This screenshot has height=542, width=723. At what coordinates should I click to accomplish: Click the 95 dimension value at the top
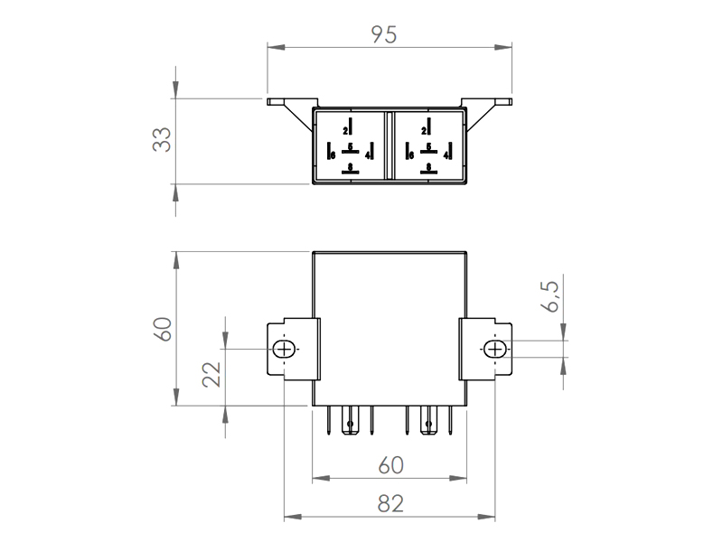click(x=384, y=33)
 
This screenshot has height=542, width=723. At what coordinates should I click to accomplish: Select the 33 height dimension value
click(x=161, y=140)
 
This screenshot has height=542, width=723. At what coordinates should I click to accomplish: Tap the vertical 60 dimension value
click(x=161, y=329)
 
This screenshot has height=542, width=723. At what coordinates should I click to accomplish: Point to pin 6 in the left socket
click(x=333, y=154)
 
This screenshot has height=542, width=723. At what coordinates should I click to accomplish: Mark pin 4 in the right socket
click(x=447, y=154)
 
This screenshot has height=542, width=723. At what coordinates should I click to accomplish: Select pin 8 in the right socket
click(x=427, y=167)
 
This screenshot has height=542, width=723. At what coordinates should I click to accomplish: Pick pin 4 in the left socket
click(x=369, y=154)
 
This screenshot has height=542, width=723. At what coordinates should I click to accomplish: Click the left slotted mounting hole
click(x=285, y=350)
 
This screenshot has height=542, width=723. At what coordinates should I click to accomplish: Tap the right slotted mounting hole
click(x=494, y=350)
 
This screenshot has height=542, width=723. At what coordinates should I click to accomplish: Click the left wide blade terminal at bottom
click(x=349, y=420)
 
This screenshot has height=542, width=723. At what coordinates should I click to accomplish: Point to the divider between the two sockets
click(x=388, y=145)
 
